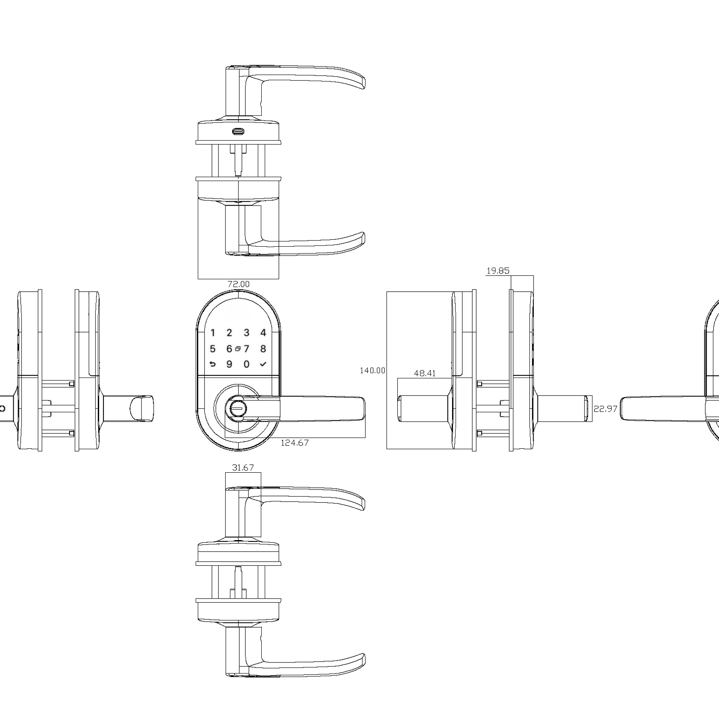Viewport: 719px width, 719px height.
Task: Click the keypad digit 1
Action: click(213, 332)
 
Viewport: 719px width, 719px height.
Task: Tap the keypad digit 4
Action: click(263, 332)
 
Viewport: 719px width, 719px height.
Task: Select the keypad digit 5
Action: click(213, 349)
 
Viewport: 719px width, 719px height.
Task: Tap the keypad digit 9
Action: click(230, 364)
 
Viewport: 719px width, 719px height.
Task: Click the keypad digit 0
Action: click(246, 364)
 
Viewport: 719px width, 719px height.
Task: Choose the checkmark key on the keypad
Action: click(263, 364)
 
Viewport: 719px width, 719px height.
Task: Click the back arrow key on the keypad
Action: click(213, 364)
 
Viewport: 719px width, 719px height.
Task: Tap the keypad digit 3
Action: click(246, 332)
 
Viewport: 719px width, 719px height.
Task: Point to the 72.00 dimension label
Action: click(239, 284)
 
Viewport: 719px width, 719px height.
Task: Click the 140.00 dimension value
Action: click(372, 371)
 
